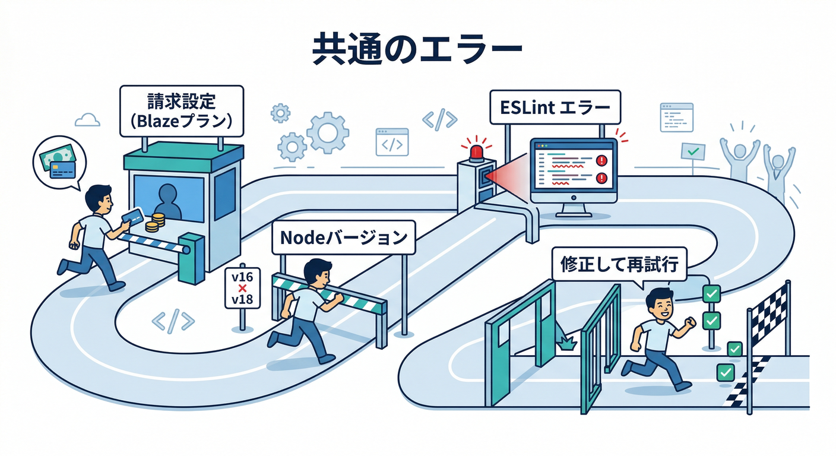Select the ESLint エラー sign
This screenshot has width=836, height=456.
(x=555, y=108)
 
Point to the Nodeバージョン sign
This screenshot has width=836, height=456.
(x=343, y=239)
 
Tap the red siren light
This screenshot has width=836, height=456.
(x=477, y=152)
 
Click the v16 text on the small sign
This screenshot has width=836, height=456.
(x=242, y=277)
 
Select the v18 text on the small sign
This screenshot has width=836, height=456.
(x=242, y=299)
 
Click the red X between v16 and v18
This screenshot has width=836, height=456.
(x=242, y=288)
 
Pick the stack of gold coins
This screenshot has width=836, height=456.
(x=156, y=223)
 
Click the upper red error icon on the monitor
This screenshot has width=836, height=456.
(x=601, y=160)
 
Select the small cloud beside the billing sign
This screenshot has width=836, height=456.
(x=87, y=120)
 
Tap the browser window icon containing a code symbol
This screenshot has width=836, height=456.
(x=392, y=142)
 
